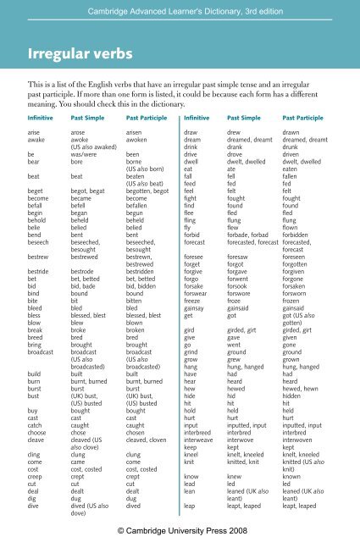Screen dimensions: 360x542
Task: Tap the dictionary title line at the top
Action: (x=180, y=9)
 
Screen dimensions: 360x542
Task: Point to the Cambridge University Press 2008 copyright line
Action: (x=180, y=528)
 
